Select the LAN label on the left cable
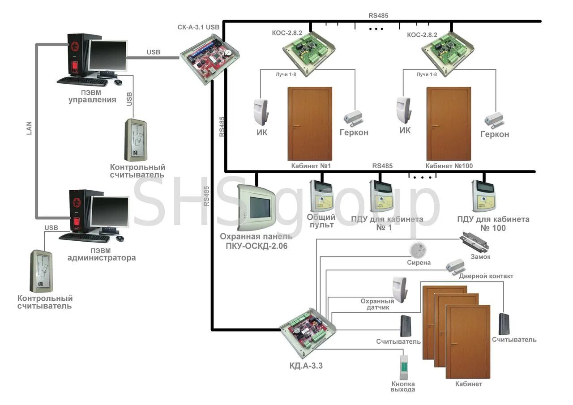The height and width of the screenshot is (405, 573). point(30,128)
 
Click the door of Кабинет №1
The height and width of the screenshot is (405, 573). point(309,124)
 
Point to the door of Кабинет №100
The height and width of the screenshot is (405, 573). point(449,124)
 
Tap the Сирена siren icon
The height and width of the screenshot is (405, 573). point(418,250)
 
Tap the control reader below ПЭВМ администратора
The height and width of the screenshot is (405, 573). point(42,271)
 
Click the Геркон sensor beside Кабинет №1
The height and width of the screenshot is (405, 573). point(354,118)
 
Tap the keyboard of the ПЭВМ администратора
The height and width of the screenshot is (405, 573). point(84,238)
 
